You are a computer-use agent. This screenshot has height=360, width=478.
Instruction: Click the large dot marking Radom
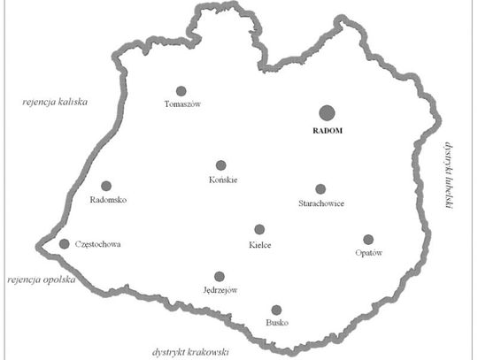coord(327,112)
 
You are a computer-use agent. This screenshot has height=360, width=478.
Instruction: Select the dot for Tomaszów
coord(181,90)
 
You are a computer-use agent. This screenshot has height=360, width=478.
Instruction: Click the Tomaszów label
coord(183,104)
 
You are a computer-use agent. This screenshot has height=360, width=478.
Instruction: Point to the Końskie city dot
coord(221,165)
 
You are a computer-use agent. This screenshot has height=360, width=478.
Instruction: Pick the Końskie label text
coord(222,180)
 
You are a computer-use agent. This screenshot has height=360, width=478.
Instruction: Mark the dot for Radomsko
coord(106,186)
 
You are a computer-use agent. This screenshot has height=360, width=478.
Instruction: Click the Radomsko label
coord(109,200)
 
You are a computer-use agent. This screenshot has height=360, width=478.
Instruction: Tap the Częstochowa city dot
coord(64,243)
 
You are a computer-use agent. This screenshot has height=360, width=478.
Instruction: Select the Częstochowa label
coord(97,243)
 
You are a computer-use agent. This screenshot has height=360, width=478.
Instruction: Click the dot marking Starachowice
coord(320,188)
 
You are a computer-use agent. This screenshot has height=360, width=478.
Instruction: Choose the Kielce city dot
coord(259,229)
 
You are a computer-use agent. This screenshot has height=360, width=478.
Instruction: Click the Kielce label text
coord(260,243)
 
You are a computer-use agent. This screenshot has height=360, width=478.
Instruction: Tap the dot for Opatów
coord(368,239)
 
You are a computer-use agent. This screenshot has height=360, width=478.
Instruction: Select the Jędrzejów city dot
coord(220,277)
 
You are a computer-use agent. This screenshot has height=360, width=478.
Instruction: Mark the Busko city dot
coord(276,310)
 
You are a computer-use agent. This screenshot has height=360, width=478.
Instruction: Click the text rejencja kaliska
coord(57,103)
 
